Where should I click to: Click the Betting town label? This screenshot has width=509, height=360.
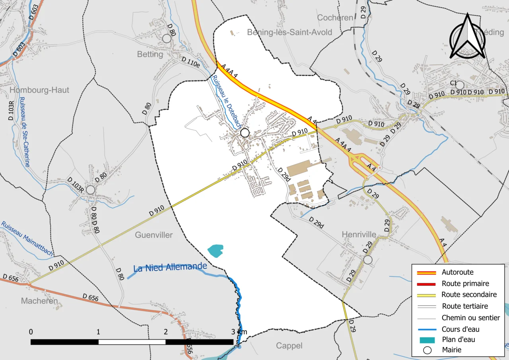pyautogui.click(x=150, y=54)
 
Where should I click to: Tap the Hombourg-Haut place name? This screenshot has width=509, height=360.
pyautogui.click(x=39, y=90)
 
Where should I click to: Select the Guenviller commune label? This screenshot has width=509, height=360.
pyautogui.click(x=154, y=235)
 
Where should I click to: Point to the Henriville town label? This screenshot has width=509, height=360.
pyautogui.click(x=359, y=235)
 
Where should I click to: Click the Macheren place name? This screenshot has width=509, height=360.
pyautogui.click(x=39, y=301)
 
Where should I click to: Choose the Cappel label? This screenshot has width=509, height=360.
pyautogui.click(x=289, y=346)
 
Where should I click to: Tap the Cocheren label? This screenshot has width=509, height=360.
pyautogui.click(x=335, y=18)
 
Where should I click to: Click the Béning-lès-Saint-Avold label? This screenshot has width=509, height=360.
pyautogui.click(x=289, y=32)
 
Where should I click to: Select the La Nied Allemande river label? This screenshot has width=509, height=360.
pyautogui.click(x=170, y=267)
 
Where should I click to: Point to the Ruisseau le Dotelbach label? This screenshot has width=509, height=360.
pyautogui.click(x=227, y=101)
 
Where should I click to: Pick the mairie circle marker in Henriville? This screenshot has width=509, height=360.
pyautogui.click(x=368, y=260)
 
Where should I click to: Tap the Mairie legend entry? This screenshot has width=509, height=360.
pyautogui.click(x=451, y=350)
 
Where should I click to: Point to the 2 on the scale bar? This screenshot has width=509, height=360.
pyautogui.click(x=165, y=332)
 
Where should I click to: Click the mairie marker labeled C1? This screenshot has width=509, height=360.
pyautogui.click(x=460, y=85)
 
